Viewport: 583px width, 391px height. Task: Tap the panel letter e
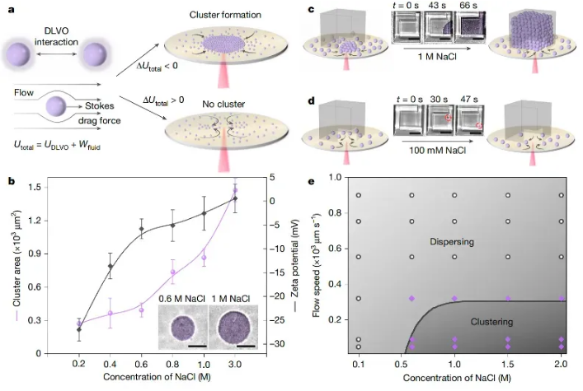(309, 182)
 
